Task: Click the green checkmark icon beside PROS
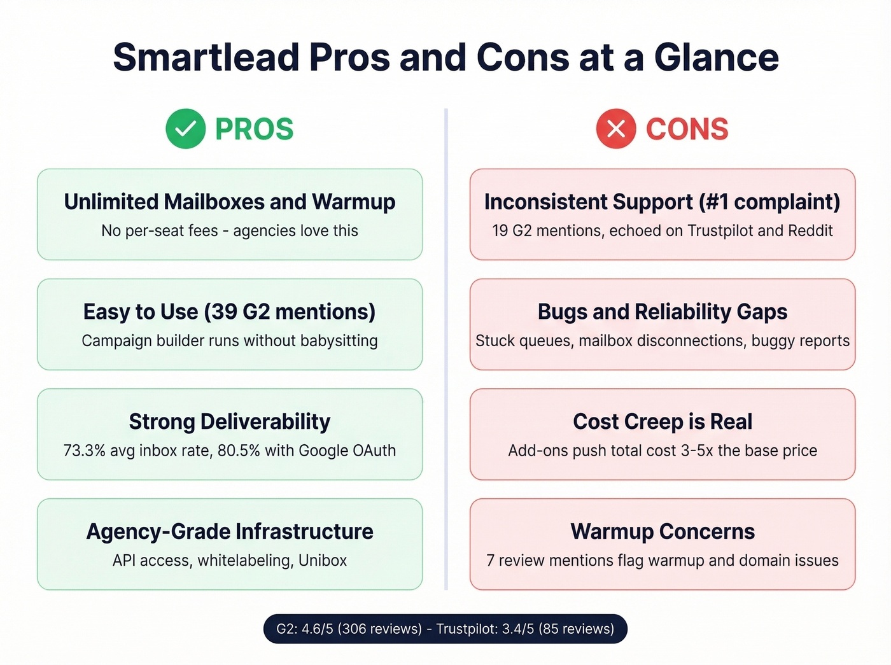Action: pyautogui.click(x=185, y=129)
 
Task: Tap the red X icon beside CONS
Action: pyautogui.click(x=615, y=129)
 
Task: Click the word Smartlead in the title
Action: pyautogui.click(x=206, y=57)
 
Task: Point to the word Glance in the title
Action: pyautogui.click(x=716, y=57)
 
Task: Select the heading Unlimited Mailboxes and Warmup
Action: pyautogui.click(x=230, y=202)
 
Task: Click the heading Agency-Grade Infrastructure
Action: pyautogui.click(x=230, y=531)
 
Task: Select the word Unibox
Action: pyautogui.click(x=323, y=561)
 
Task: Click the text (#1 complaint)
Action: pyautogui.click(x=769, y=202)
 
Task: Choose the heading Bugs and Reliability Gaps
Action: pyautogui.click(x=663, y=312)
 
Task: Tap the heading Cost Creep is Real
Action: pyautogui.click(x=663, y=421)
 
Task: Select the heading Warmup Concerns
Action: pyautogui.click(x=663, y=531)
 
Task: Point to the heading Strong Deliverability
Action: pyautogui.click(x=230, y=421)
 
